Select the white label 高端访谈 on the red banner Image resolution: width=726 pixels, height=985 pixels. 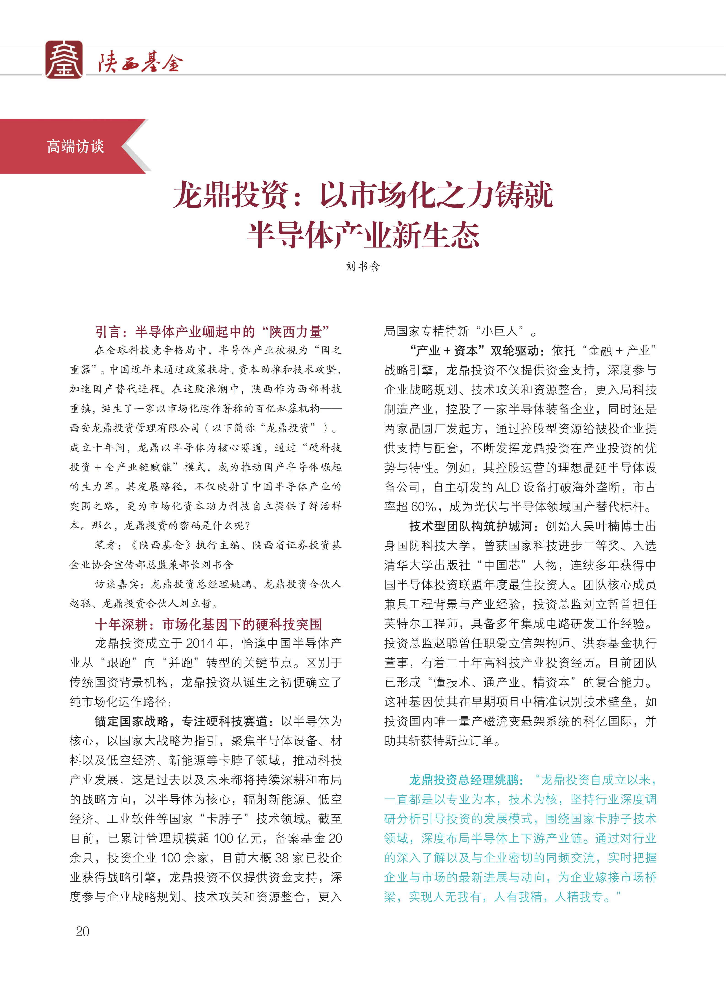76,146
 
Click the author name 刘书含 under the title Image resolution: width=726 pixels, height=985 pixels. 363,266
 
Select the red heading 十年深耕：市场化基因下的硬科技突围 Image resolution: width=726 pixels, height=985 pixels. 208,624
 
